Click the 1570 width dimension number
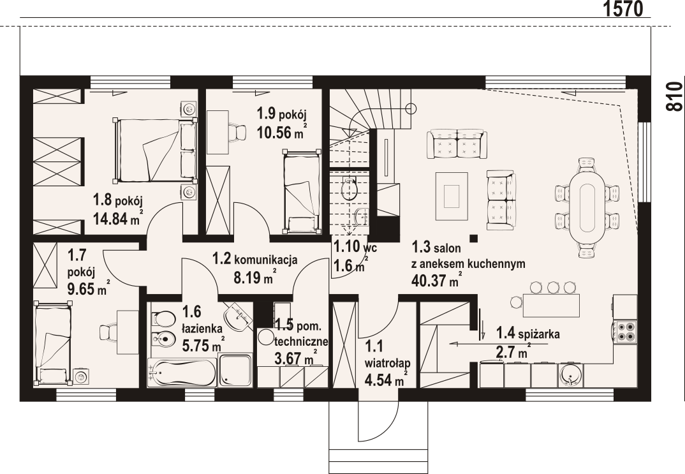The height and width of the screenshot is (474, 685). click(x=623, y=8)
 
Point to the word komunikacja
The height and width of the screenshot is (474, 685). click(x=266, y=260)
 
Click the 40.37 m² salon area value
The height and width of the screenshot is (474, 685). click(x=436, y=279)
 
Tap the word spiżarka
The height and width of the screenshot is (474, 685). click(x=540, y=335)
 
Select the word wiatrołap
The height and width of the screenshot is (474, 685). click(x=388, y=363)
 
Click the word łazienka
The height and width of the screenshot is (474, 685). click(x=202, y=328)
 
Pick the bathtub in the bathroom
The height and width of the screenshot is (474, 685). click(x=182, y=373)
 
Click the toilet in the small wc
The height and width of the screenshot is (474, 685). click(x=349, y=189)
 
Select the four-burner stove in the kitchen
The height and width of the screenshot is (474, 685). click(x=625, y=331)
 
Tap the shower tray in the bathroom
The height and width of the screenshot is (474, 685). click(x=235, y=371)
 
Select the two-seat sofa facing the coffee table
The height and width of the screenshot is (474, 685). click(x=501, y=200)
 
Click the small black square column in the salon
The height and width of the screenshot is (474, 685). click(x=473, y=239)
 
